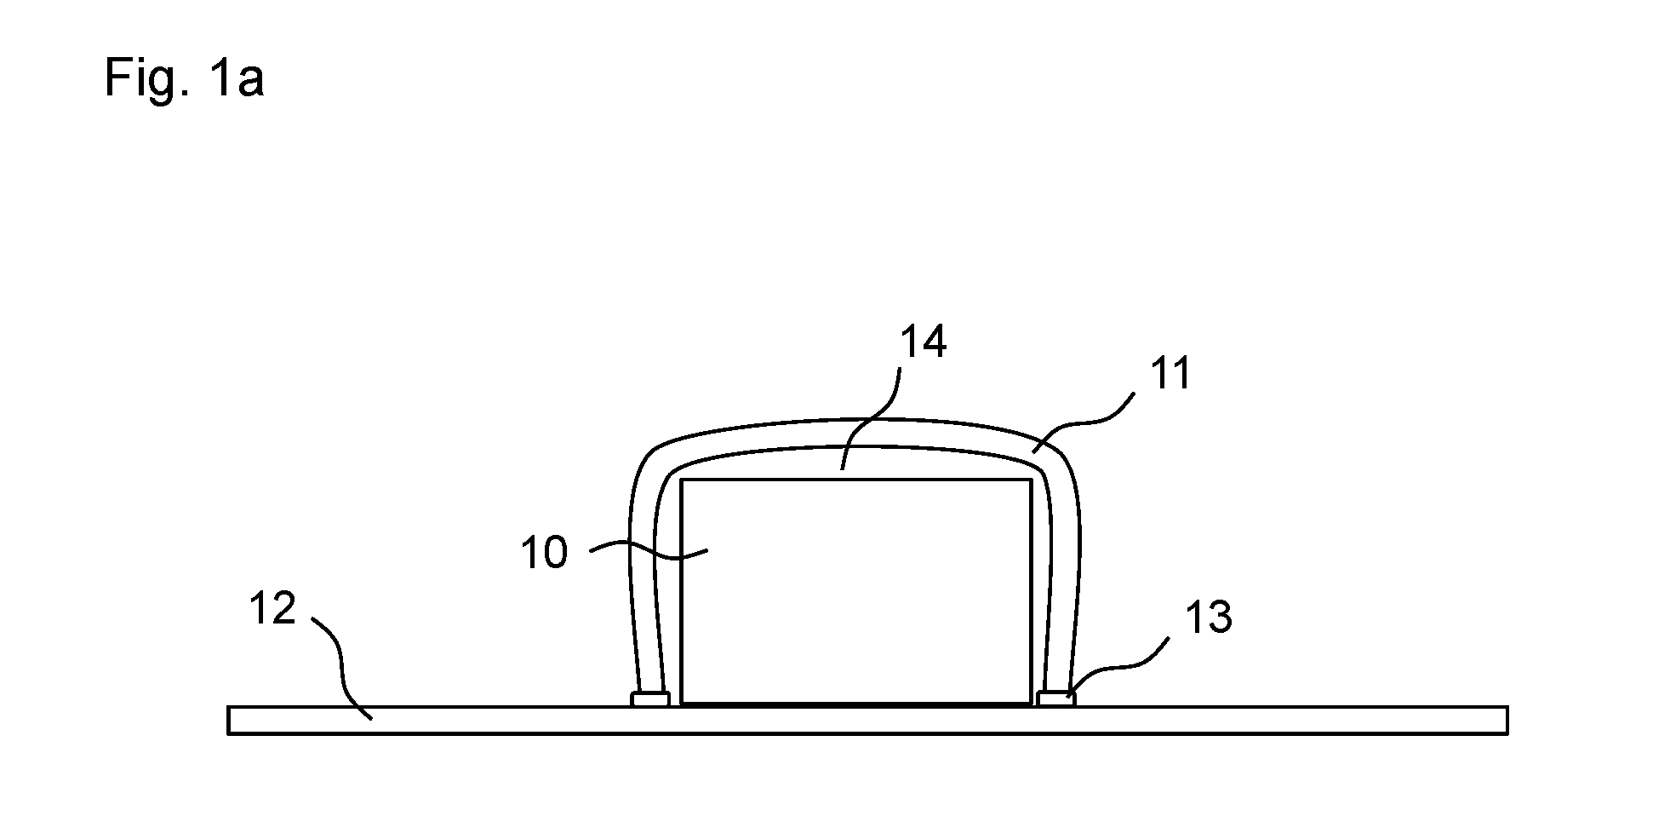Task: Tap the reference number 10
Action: [x=544, y=553]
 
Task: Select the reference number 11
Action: [x=1170, y=373]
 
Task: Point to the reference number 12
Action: [x=272, y=608]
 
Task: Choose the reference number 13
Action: [x=1209, y=617]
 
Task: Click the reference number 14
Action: [x=924, y=342]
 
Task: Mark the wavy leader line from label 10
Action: [x=649, y=552]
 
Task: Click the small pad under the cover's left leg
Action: [x=649, y=698]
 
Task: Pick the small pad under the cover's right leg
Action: [x=1056, y=698]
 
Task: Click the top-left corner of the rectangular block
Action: [x=681, y=480]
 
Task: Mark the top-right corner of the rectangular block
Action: [x=1032, y=480]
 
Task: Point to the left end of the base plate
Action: [x=229, y=720]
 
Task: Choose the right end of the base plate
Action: [x=1507, y=720]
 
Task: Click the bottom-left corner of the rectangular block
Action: [x=681, y=704]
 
